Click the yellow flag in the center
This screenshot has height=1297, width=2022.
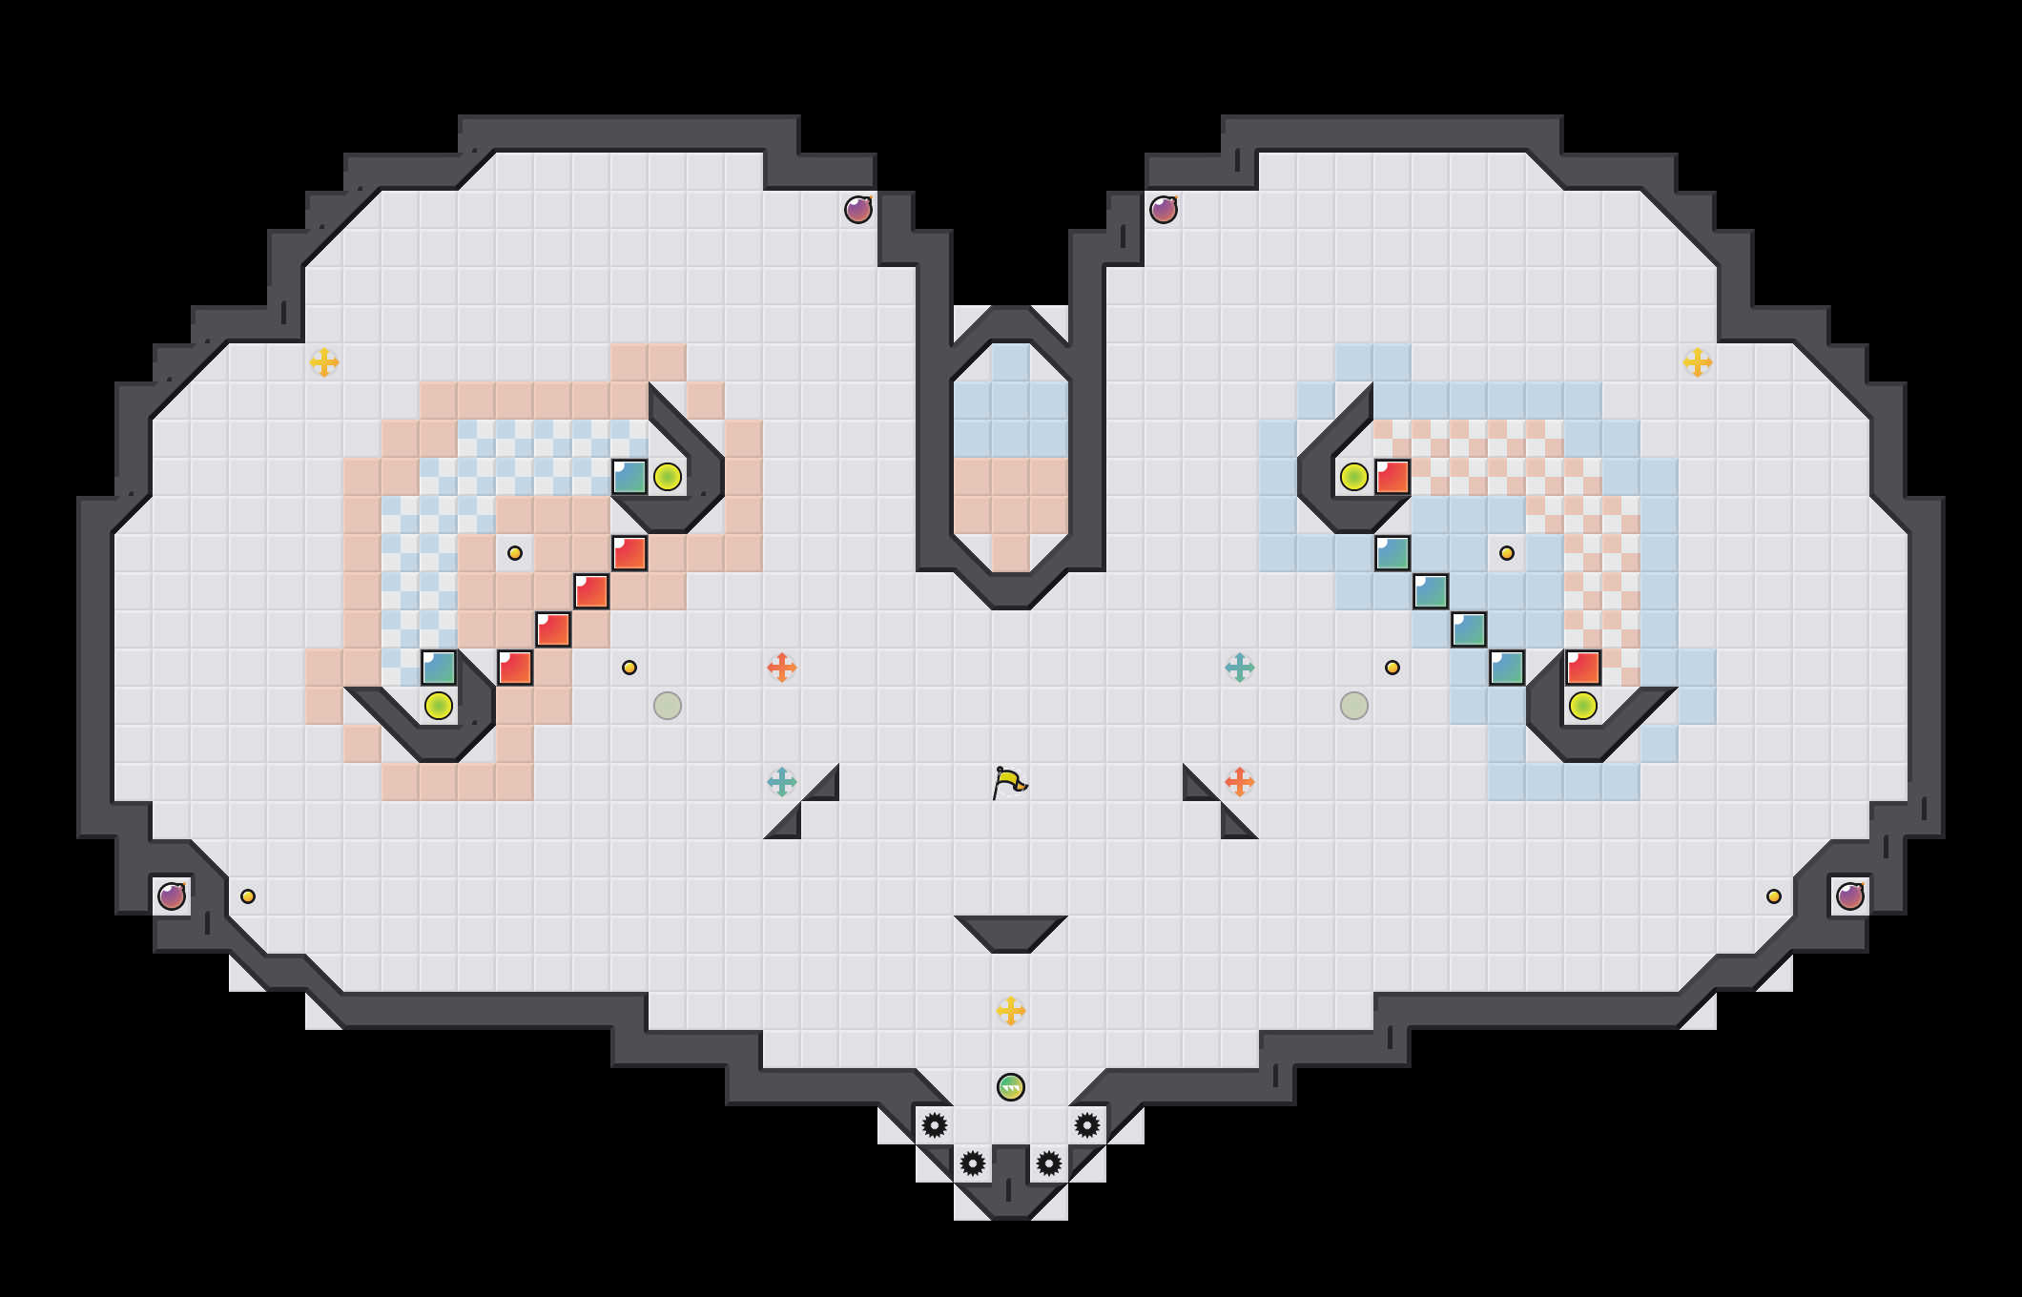pyautogui.click(x=1009, y=783)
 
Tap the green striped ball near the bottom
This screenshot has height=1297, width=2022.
pyautogui.click(x=1011, y=1087)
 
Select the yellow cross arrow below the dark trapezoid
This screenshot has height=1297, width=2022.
pyautogui.click(x=1011, y=1011)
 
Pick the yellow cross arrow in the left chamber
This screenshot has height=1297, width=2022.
pyautogui.click(x=324, y=362)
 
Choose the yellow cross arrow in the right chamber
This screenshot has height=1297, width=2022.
pyautogui.click(x=1698, y=362)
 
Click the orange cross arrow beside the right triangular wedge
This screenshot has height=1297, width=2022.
pyautogui.click(x=1240, y=782)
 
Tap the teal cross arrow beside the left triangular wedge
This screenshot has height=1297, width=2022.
pyautogui.click(x=782, y=782)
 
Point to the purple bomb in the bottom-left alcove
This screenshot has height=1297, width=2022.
pyautogui.click(x=172, y=896)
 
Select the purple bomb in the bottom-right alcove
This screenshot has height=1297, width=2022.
pyautogui.click(x=1850, y=896)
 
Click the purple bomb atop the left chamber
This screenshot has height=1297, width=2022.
pyautogui.click(x=858, y=210)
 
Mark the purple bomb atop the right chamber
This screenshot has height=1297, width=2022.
pyautogui.click(x=1164, y=210)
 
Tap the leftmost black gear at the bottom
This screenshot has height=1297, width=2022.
pyautogui.click(x=935, y=1125)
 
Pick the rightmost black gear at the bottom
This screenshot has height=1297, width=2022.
pyautogui.click(x=1087, y=1125)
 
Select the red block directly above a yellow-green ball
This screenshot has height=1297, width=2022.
pyautogui.click(x=1583, y=668)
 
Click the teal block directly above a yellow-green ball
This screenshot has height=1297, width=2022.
pyautogui.click(x=439, y=668)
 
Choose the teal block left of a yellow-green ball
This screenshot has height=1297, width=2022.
pyautogui.click(x=629, y=477)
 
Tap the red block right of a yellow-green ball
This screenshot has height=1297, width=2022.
pyautogui.click(x=1393, y=477)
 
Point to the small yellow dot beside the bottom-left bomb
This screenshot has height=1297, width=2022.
pyautogui.click(x=248, y=896)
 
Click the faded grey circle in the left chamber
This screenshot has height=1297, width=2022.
pyautogui.click(x=668, y=706)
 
